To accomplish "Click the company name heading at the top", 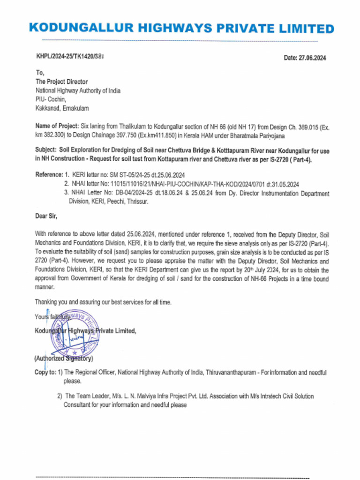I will (x=181, y=29).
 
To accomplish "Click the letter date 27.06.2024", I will (x=305, y=58).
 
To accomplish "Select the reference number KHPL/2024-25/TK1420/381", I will (x=70, y=57).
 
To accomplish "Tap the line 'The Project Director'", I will (x=62, y=82).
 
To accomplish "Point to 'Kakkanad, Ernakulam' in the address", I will (x=62, y=108).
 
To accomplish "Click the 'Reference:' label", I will (x=48, y=175).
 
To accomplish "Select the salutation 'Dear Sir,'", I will (x=46, y=216).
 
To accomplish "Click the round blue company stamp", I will (x=75, y=333).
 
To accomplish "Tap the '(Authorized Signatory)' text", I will (x=63, y=359).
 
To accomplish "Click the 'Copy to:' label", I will (x=45, y=373).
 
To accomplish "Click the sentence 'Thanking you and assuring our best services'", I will (x=103, y=302).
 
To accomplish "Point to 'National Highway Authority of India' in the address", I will (x=78, y=91).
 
